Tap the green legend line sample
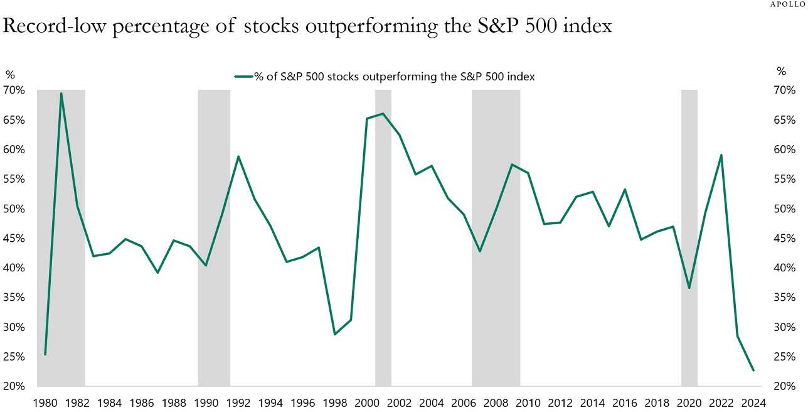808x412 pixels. [243, 77]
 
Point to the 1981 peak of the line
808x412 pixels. [61, 94]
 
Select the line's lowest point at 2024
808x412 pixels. [753, 371]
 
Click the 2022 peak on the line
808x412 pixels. [721, 155]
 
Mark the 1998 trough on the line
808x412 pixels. [334, 334]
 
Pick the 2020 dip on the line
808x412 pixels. [689, 288]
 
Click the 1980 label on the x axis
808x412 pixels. [45, 403]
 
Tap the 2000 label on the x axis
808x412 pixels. [367, 403]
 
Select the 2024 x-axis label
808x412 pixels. [753, 403]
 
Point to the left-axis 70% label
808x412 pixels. [15, 90]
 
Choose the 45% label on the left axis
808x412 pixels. [15, 239]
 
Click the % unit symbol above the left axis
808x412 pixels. [10, 75]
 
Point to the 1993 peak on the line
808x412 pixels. [238, 156]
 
